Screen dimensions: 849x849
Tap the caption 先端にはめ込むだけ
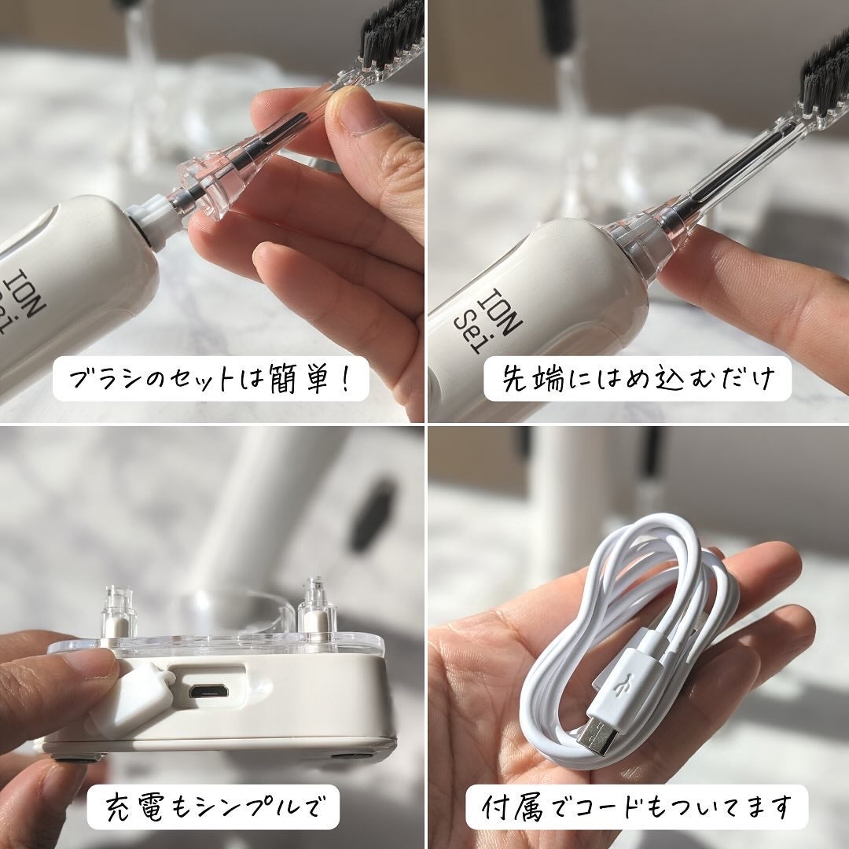638,378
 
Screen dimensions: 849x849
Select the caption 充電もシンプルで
215,807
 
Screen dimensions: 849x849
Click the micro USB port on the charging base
208,691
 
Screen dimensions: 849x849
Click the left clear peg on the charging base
117,610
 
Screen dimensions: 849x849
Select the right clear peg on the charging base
317,605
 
